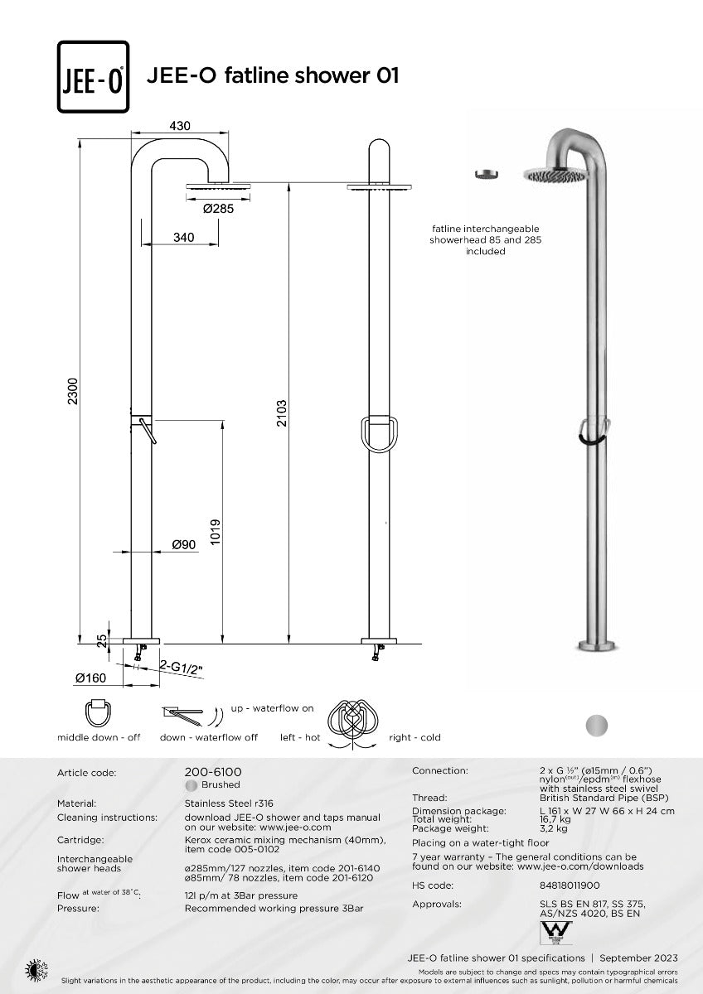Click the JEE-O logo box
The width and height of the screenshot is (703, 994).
(93, 76)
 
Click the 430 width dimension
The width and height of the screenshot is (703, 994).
(180, 126)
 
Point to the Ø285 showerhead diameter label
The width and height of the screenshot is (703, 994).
(219, 209)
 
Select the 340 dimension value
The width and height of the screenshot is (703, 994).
(183, 238)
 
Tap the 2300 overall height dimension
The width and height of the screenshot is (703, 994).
(72, 391)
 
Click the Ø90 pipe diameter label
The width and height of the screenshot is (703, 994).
(183, 544)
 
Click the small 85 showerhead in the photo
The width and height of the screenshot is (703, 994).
(486, 173)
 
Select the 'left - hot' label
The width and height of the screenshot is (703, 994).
(300, 737)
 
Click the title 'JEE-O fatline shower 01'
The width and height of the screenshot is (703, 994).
(273, 75)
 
